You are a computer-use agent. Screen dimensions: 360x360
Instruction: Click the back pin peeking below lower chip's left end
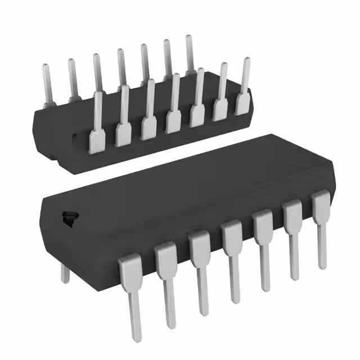click(x=65, y=273)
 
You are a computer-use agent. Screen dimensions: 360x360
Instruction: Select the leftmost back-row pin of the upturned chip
click(x=48, y=84)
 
